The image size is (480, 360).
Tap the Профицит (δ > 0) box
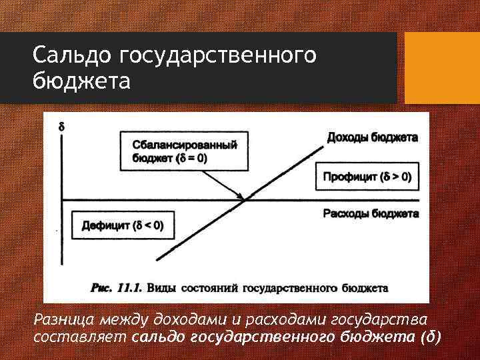click(367, 177)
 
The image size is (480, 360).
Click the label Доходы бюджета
click(372, 138)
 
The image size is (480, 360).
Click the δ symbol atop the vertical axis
click(62, 125)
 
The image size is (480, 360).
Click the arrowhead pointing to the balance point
click(241, 195)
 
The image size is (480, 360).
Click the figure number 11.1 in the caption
click(131, 289)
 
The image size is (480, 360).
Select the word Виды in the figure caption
click(163, 289)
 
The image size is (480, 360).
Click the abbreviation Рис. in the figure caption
click(101, 289)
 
